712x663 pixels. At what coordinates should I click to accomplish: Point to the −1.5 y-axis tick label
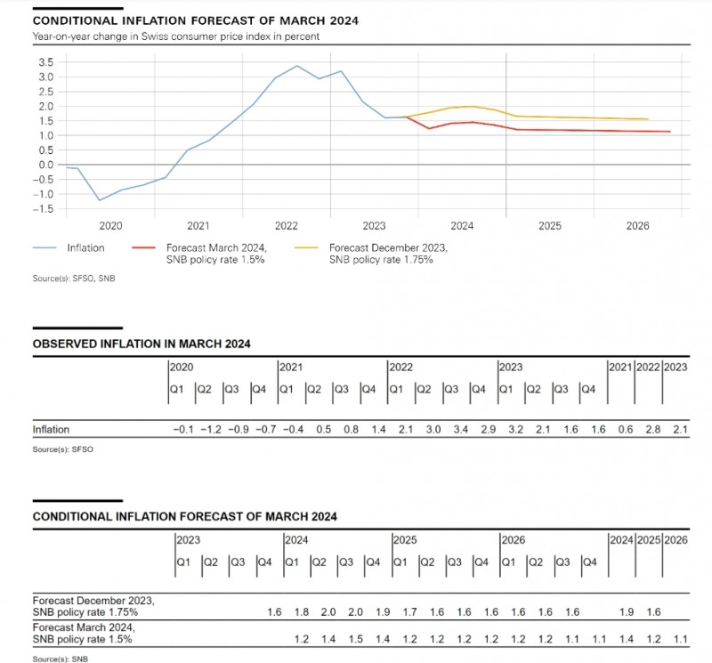(x=42, y=208)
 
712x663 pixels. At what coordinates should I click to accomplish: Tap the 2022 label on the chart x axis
(x=287, y=226)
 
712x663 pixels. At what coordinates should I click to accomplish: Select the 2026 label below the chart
(x=637, y=226)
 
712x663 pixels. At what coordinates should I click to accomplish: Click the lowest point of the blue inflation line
(x=99, y=199)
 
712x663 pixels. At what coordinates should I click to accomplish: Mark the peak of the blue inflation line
(x=297, y=66)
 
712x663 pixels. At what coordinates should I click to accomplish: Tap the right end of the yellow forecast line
(x=648, y=119)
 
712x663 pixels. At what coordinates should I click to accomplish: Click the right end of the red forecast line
(x=669, y=132)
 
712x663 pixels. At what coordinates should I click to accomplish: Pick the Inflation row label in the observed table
(x=51, y=430)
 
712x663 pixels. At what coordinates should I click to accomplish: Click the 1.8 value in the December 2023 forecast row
(x=303, y=612)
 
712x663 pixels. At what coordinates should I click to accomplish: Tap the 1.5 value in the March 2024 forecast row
(x=357, y=638)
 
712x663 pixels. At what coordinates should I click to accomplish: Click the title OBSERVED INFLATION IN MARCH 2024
(x=142, y=344)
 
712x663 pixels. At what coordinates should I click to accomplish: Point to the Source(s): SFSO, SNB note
(x=74, y=279)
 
